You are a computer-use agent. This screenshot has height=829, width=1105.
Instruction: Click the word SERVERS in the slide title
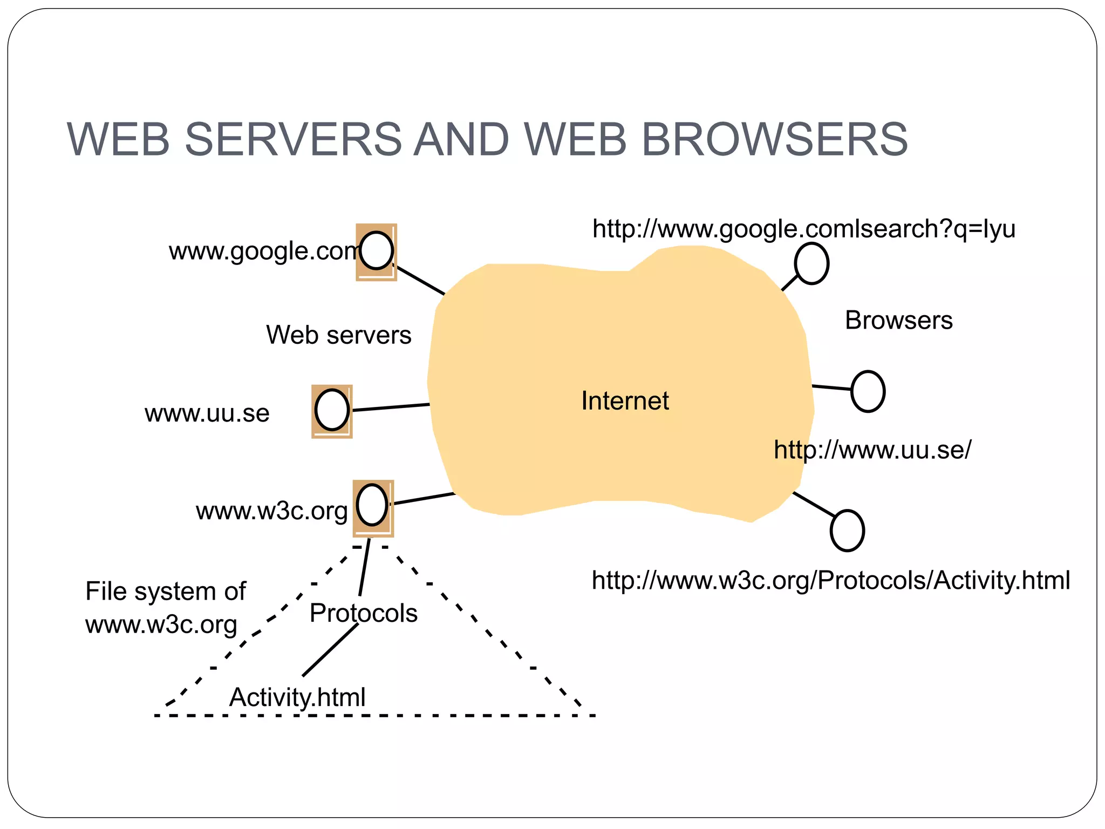293,139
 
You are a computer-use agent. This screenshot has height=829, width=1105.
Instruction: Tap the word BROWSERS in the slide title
774,139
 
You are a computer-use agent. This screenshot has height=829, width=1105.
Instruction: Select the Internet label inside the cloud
625,400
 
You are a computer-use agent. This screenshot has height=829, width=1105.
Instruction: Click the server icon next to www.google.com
376,252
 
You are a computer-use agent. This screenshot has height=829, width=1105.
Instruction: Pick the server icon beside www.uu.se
332,411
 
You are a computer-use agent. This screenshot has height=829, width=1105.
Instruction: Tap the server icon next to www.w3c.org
373,507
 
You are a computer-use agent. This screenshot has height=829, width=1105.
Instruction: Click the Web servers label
338,335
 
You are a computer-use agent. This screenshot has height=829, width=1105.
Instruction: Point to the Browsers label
898,320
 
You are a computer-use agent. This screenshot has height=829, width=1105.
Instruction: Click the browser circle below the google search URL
811,263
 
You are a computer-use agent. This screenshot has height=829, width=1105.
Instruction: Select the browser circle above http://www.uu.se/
868,391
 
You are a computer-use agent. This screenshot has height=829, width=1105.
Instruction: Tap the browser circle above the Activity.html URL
847,531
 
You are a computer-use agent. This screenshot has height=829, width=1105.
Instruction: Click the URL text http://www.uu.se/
872,450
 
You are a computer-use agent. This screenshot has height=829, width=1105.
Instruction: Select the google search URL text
803,229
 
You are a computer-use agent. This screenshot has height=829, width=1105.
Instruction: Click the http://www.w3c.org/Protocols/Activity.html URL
830,581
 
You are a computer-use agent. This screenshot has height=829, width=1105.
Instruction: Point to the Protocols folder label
363,613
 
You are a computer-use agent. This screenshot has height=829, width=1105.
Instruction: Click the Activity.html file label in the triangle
297,697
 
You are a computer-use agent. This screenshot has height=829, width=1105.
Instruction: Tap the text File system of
165,591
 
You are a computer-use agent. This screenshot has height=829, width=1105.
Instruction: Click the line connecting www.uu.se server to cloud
391,407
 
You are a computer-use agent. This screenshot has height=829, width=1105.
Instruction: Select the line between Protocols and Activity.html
330,650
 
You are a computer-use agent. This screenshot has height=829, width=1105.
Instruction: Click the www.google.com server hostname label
263,252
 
